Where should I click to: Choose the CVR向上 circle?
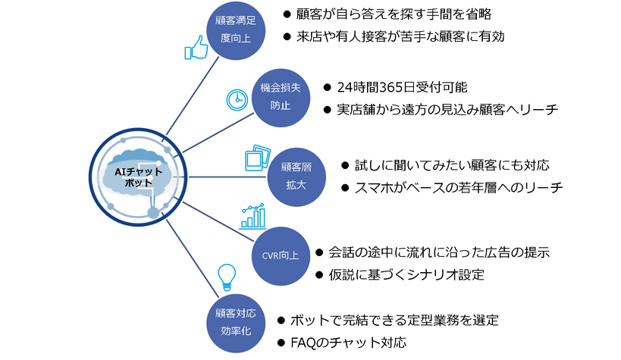[x=280, y=255]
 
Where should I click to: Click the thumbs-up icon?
[x=196, y=49]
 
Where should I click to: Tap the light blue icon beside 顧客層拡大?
[x=254, y=157]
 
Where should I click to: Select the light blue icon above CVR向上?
[x=252, y=215]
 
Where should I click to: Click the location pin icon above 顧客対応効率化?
[x=225, y=277]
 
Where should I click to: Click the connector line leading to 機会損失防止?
[x=217, y=133]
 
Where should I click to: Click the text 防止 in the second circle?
[x=280, y=107]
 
